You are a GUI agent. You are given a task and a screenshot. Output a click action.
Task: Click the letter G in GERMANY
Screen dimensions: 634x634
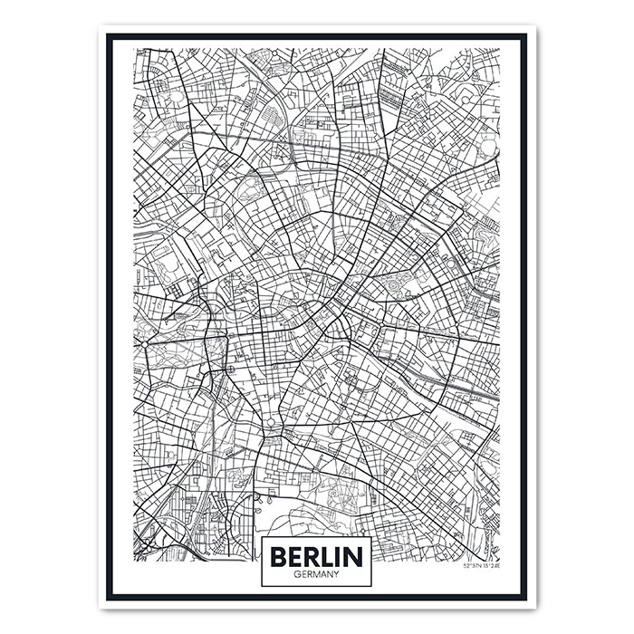tap(297, 573)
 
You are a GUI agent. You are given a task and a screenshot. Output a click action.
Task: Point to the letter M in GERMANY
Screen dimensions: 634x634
tap(315, 573)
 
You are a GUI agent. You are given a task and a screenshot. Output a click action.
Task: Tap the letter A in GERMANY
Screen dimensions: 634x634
tap(322, 573)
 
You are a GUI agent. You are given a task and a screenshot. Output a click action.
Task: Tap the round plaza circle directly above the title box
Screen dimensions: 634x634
tap(269, 423)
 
